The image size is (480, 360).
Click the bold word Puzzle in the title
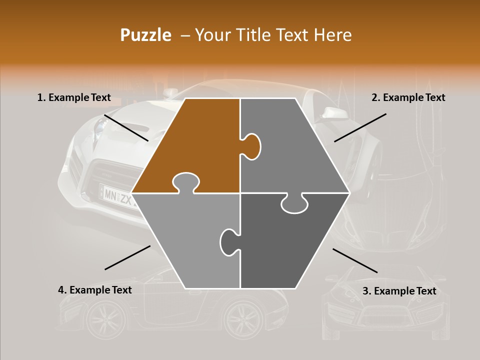pos(145,35)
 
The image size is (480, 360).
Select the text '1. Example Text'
pos(74,98)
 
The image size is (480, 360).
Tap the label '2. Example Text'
pos(408,98)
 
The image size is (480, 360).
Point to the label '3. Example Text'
pos(399,291)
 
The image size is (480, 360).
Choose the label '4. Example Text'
pos(95,290)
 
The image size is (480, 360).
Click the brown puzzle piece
pos(195,145)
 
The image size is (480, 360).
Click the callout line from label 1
pos(126,127)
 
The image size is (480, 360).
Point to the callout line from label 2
pos(360,127)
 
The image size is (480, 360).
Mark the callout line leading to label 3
pos(355,260)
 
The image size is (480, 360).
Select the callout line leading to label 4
pos(127,257)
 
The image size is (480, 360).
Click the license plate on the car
pos(118,198)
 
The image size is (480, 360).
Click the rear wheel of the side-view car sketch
pos(243,318)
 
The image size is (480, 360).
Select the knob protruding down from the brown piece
pos(185,182)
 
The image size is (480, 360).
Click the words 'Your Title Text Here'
pos(273,35)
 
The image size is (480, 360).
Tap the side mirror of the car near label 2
pos(331,114)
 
